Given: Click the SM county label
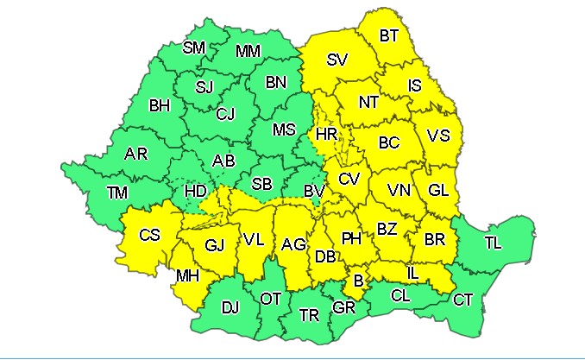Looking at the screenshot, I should (194, 47).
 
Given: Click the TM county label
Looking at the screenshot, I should (116, 193).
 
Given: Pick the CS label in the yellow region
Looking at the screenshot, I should (149, 234).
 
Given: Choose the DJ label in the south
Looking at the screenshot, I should (230, 306).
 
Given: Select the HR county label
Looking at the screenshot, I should (326, 135).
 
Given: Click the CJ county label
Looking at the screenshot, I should (225, 113).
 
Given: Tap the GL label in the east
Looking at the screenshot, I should (437, 190).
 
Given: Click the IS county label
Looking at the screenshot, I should (416, 85).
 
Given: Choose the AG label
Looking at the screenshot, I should (293, 245).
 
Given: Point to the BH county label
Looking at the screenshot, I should (160, 106).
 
